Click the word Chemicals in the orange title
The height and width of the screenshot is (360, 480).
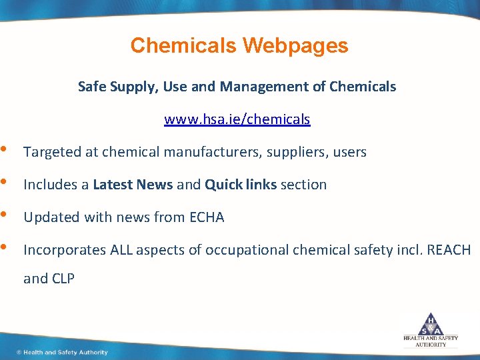point(184,45)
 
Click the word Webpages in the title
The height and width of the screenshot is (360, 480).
point(295,45)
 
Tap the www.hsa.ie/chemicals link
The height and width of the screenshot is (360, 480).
point(237,119)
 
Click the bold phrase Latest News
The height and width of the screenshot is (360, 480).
point(133,185)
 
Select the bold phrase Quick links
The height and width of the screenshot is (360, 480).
point(241,185)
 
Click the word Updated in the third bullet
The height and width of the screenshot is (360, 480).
point(48,217)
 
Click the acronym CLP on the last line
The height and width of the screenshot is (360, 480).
point(62,279)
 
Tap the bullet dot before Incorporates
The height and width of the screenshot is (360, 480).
point(5,248)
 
